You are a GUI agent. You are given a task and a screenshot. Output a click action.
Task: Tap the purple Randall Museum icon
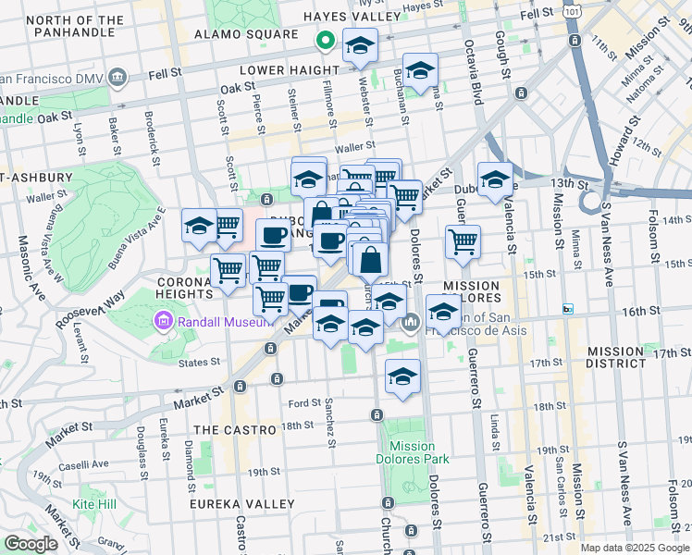click(164, 320)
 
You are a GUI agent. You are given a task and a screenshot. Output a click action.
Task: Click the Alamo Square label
click(244, 34)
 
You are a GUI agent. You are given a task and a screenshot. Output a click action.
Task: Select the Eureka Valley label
click(241, 504)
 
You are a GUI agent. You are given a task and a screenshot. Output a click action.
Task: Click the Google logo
click(31, 544)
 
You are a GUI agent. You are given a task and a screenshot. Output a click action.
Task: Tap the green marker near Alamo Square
click(325, 41)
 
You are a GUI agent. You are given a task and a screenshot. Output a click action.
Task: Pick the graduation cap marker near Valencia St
click(495, 180)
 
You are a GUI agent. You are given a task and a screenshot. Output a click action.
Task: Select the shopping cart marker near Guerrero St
click(463, 242)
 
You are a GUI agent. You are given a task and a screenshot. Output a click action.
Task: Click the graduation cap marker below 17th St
click(402, 376)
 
